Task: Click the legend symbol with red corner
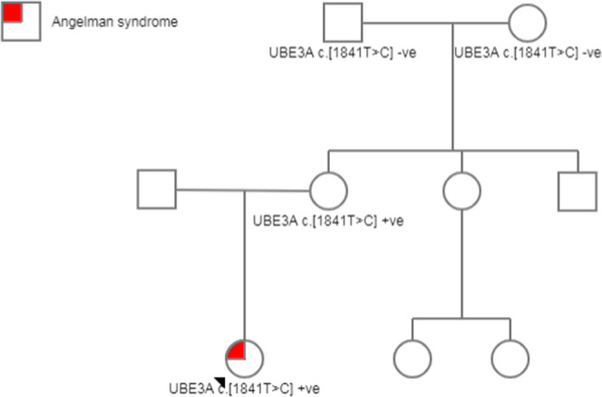[x=19, y=22]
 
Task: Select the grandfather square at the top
[x=343, y=22]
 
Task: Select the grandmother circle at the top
[x=526, y=22]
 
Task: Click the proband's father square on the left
[x=156, y=189]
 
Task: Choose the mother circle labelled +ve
[x=328, y=190]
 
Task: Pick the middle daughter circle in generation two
[x=462, y=190]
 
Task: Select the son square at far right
[x=577, y=190]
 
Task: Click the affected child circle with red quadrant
[x=244, y=357]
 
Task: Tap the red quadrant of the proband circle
[x=236, y=349]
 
